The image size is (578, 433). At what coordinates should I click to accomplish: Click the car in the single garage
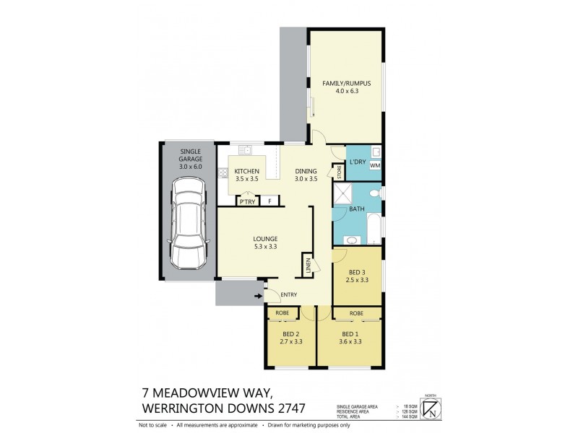click(x=187, y=223)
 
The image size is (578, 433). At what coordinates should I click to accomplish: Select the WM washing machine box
click(x=374, y=165)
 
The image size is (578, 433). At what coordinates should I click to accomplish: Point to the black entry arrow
click(x=257, y=294)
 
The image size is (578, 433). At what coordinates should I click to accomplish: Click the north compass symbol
click(x=432, y=408)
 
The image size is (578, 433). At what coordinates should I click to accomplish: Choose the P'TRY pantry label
click(x=247, y=201)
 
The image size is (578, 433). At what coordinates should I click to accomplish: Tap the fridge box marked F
click(x=269, y=201)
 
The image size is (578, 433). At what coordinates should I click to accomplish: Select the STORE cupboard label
click(x=337, y=172)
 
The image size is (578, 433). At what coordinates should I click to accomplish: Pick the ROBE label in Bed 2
click(x=282, y=313)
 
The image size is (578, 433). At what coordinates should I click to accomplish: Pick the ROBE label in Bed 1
click(x=356, y=313)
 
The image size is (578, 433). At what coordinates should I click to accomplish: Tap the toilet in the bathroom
click(x=373, y=193)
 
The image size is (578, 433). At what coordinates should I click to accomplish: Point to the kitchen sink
click(x=246, y=150)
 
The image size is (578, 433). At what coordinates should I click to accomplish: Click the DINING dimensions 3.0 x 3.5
click(x=306, y=178)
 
